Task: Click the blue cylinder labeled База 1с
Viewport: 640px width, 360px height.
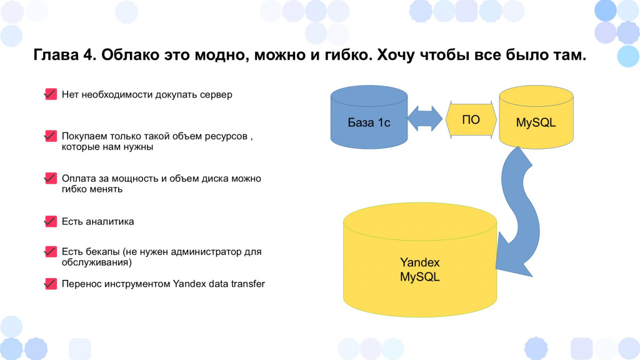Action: click(369, 117)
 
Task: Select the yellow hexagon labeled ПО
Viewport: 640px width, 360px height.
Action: click(471, 119)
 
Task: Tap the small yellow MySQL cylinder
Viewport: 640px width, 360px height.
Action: click(536, 117)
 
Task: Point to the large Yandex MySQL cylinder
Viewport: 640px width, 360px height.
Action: click(420, 260)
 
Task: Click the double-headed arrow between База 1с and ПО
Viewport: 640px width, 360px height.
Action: click(425, 119)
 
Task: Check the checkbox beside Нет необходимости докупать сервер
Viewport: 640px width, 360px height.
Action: click(51, 94)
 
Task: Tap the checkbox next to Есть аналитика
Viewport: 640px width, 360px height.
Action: click(51, 221)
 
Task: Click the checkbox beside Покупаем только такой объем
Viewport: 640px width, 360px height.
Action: click(51, 136)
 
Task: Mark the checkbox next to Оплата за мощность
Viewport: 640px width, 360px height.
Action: click(51, 178)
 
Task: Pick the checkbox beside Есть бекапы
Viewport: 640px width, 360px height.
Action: click(51, 251)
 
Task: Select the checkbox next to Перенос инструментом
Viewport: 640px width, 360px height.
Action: click(51, 283)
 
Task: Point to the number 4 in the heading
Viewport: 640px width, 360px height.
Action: click(89, 55)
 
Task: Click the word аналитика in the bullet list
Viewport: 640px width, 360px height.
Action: click(110, 222)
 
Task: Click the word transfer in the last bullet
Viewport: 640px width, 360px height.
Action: click(247, 284)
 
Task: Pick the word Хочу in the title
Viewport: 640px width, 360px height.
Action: click(396, 55)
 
